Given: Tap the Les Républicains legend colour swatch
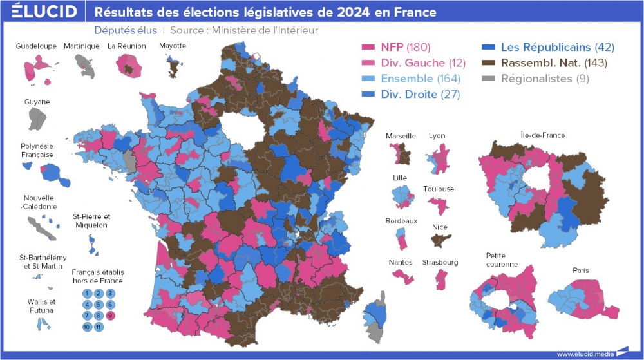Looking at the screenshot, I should click(x=489, y=47).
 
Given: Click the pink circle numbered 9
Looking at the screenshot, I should click(x=110, y=316).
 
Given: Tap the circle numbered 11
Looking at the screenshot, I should click(x=99, y=327).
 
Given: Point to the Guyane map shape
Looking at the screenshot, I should click(x=37, y=118).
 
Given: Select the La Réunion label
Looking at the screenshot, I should click(x=127, y=46).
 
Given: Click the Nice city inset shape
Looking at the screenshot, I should click(x=440, y=240).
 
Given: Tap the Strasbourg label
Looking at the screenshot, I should click(x=440, y=263).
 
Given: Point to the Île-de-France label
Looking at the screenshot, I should click(x=543, y=135).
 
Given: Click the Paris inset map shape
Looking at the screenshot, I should click(x=583, y=298).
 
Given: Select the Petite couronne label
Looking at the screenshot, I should click(x=502, y=260).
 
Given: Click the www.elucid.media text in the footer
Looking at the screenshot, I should click(x=585, y=354).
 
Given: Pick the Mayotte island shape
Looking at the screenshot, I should click(x=173, y=64).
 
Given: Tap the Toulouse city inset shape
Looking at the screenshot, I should click(x=439, y=205).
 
